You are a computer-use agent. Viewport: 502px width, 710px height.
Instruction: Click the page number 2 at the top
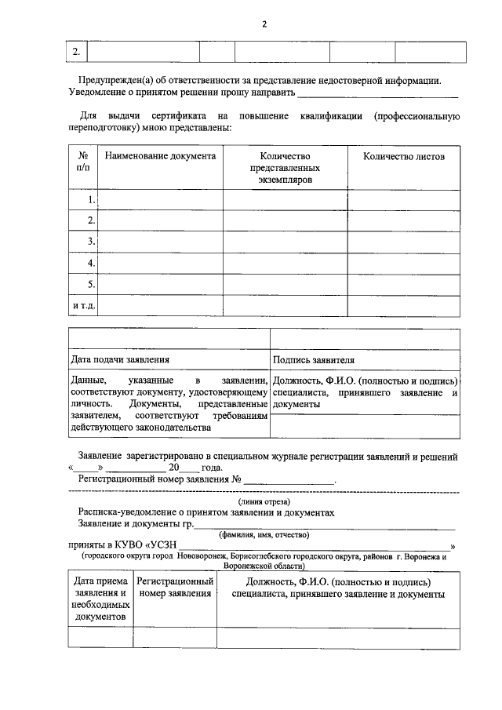[x=264, y=24]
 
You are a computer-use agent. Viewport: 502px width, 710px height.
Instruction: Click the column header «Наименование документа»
[x=160, y=156]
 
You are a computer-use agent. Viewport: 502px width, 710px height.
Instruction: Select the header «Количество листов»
[x=403, y=156]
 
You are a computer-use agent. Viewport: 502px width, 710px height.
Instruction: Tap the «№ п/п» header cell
[x=83, y=162]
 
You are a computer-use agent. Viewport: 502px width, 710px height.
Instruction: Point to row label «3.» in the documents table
[x=91, y=242]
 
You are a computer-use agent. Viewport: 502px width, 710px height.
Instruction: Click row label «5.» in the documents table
[x=91, y=284]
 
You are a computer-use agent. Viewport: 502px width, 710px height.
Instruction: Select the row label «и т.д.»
[x=84, y=305]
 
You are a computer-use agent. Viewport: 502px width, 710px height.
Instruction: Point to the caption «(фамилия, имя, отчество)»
[x=264, y=535]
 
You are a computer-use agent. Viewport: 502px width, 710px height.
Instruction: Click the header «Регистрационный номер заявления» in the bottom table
[x=176, y=588]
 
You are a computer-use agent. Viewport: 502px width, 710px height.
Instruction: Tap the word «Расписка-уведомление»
[x=126, y=512]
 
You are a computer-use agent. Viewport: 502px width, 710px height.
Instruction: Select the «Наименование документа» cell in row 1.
[x=160, y=200]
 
